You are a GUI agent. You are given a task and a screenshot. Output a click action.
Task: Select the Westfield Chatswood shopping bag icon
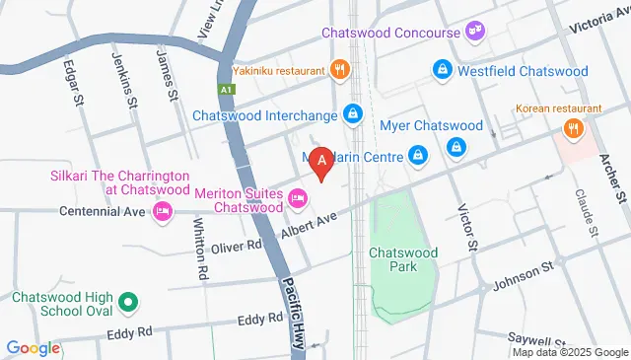click(x=443, y=70)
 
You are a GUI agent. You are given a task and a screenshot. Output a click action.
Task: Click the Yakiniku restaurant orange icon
click(x=340, y=70)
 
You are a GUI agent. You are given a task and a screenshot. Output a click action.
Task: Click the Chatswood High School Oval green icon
click(x=126, y=302)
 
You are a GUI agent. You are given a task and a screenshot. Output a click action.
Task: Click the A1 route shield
click(x=227, y=90)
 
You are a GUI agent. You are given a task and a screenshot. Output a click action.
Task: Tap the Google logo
click(x=34, y=347)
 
